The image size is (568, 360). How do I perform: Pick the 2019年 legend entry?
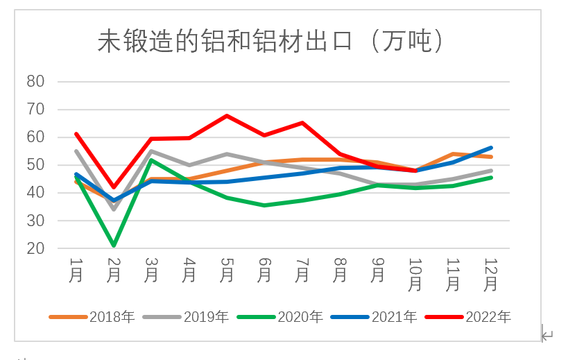click(206, 317)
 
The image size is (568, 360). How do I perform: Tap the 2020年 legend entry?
click(300, 317)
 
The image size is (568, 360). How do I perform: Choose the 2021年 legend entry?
click(394, 317)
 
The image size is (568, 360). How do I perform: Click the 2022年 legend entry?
click(488, 317)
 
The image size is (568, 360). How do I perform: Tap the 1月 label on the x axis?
click(76, 270)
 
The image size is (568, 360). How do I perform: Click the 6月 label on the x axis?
click(264, 270)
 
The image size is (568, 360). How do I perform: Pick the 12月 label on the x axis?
click(491, 274)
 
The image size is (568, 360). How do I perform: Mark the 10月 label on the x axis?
click(415, 274)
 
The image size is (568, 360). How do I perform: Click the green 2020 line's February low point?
click(114, 246)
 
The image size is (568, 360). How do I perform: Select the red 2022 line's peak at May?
click(227, 116)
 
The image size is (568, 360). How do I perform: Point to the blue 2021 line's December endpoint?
click(491, 148)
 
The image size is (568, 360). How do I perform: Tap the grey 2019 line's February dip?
click(114, 209)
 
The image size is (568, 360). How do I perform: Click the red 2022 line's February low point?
click(114, 187)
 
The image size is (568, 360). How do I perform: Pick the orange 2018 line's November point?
click(453, 154)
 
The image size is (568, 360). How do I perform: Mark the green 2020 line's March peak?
click(151, 160)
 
